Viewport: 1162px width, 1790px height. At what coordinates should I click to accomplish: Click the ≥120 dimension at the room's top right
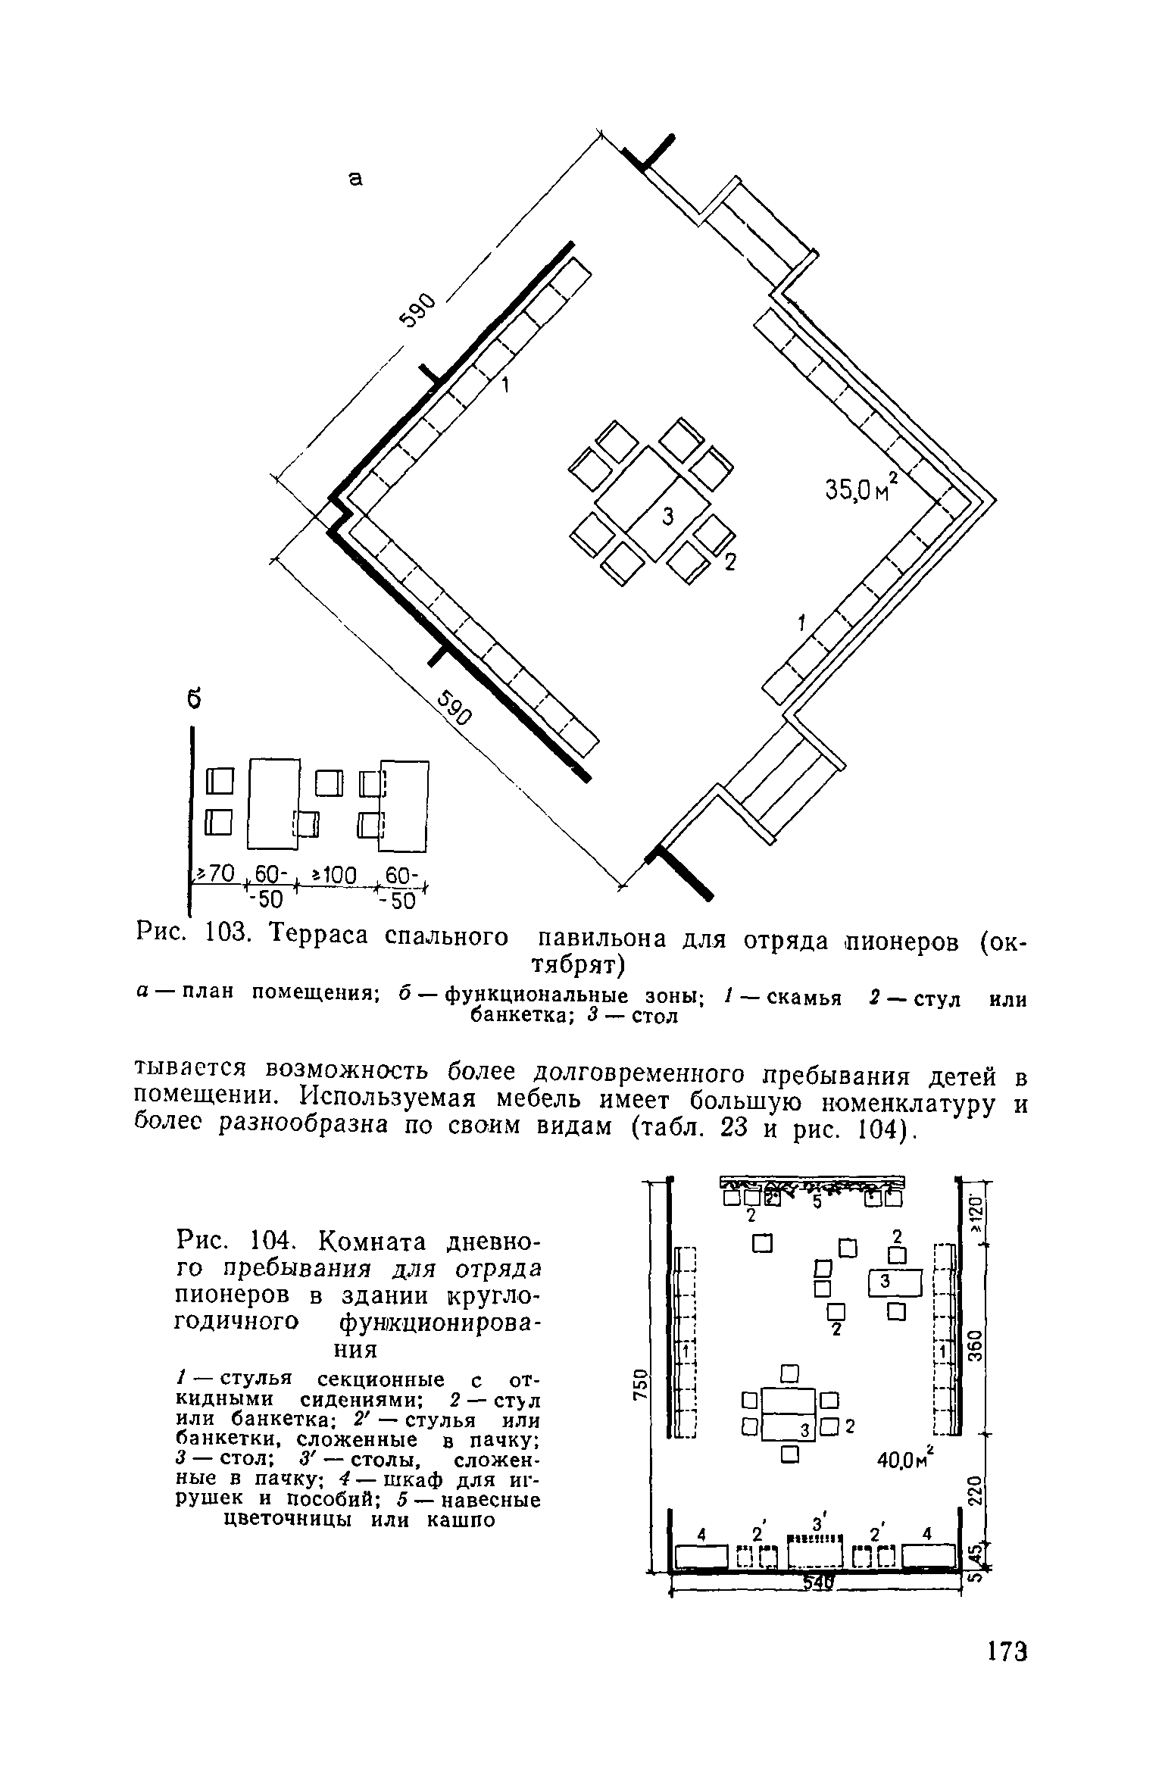point(977,1214)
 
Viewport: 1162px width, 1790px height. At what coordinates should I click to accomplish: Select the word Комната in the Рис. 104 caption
point(375,1242)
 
